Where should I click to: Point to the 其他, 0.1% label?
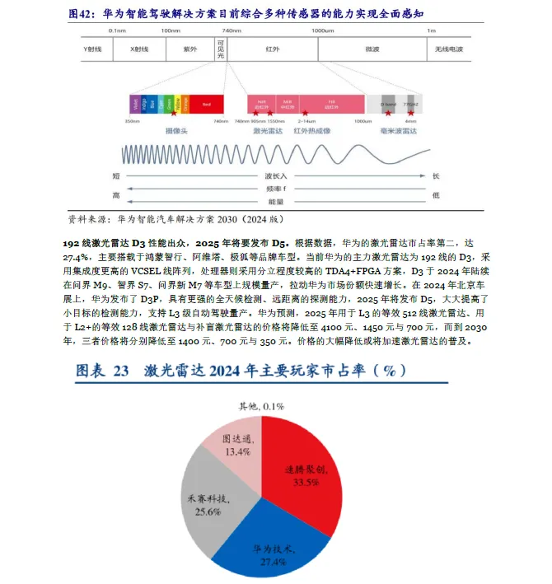(261, 406)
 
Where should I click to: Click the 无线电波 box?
(449, 49)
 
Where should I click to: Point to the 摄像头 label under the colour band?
(176, 131)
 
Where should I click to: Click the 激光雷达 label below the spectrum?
(269, 131)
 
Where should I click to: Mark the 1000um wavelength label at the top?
(321, 30)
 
